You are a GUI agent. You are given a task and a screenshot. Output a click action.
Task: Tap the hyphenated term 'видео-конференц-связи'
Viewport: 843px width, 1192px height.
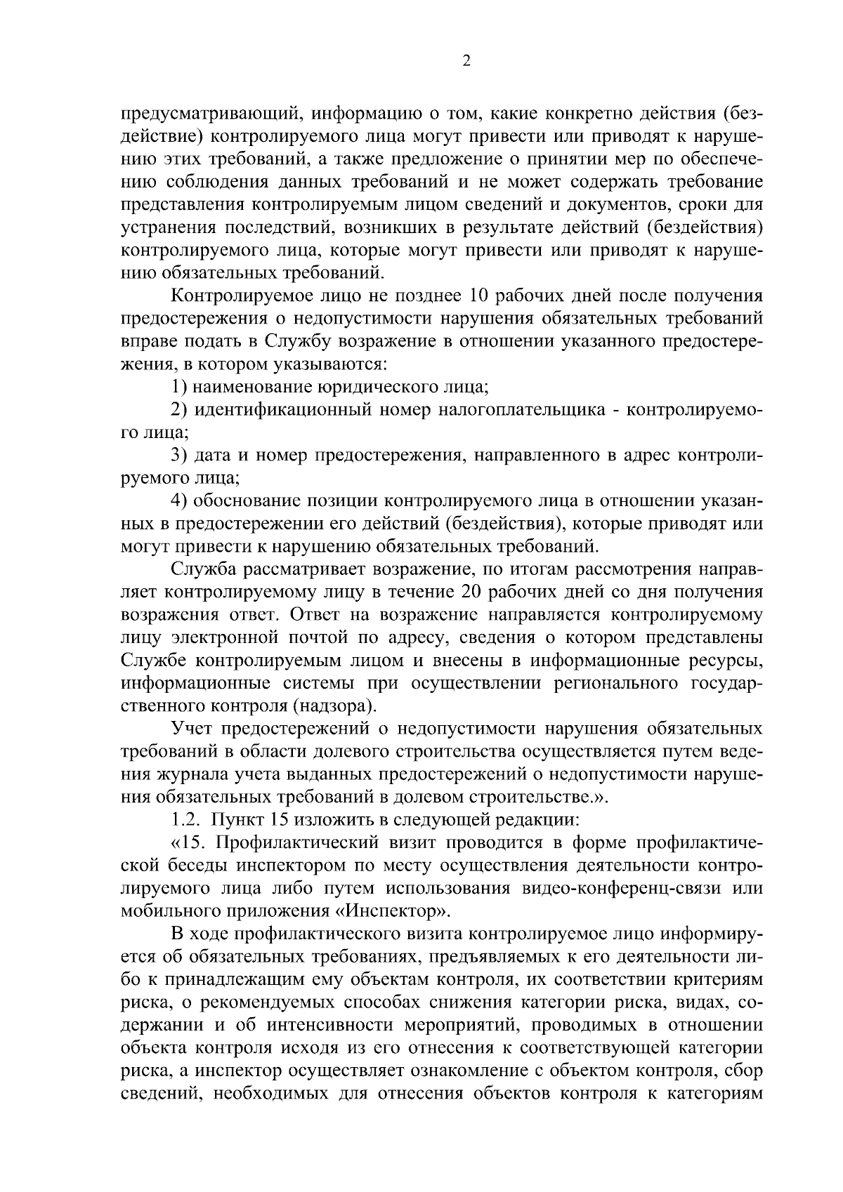[x=617, y=888]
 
